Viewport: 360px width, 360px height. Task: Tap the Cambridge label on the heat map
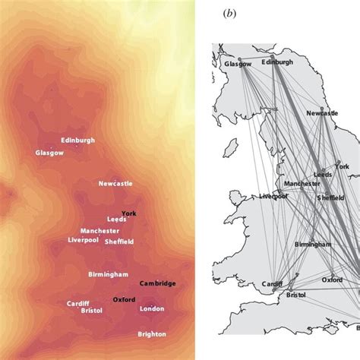click(x=158, y=283)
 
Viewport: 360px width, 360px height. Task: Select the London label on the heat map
click(x=152, y=309)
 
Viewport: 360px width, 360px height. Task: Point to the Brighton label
click(x=153, y=334)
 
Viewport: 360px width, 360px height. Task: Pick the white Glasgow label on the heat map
click(x=49, y=153)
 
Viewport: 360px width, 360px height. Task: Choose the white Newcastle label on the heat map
click(x=115, y=183)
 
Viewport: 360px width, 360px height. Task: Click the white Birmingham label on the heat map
click(x=108, y=274)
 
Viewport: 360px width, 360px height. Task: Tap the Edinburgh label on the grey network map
click(x=276, y=62)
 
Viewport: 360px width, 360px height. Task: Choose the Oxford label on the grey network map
click(x=333, y=279)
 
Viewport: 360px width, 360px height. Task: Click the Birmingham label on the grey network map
click(x=312, y=245)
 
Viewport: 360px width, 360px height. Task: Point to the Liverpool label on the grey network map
click(x=276, y=196)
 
